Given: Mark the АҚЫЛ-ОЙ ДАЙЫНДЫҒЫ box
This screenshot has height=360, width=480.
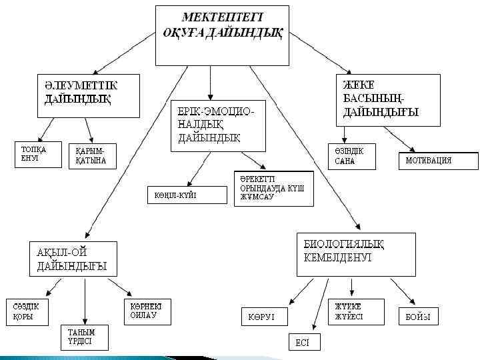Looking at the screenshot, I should (72, 259).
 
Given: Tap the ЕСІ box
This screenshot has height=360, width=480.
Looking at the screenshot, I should (303, 341).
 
